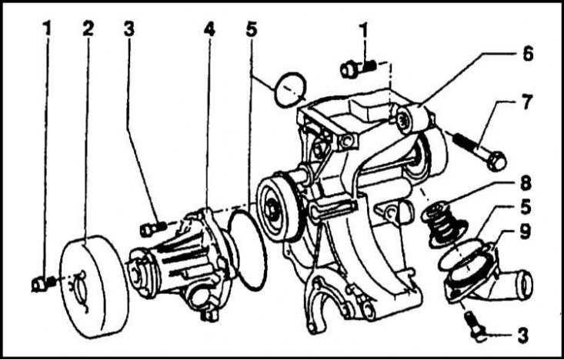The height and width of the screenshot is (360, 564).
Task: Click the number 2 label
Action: pyautogui.click(x=88, y=28)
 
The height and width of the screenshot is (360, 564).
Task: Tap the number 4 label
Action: pyautogui.click(x=209, y=29)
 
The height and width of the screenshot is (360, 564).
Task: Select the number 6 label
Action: pyautogui.click(x=528, y=55)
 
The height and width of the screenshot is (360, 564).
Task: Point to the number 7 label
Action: pyautogui.click(x=526, y=102)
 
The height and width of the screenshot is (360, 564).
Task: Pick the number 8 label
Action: pyautogui.click(x=526, y=184)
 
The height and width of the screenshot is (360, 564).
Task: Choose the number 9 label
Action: pyautogui.click(x=526, y=232)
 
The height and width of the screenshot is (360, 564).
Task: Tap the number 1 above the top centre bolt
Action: pyautogui.click(x=364, y=31)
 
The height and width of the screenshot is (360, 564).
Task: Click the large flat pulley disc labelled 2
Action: pyautogui.click(x=94, y=287)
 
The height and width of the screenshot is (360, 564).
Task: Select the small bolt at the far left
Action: pyautogui.click(x=44, y=283)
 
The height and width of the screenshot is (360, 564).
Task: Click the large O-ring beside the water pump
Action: pyautogui.click(x=248, y=250)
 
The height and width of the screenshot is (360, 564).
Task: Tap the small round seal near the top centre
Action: pyautogui.click(x=290, y=90)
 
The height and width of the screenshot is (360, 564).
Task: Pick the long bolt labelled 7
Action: pyautogui.click(x=479, y=152)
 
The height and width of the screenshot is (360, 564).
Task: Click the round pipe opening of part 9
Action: pyautogui.click(x=525, y=285)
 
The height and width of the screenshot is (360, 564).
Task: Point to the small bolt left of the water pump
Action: pyautogui.click(x=153, y=229)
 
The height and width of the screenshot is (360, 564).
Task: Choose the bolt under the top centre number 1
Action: pyautogui.click(x=359, y=68)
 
